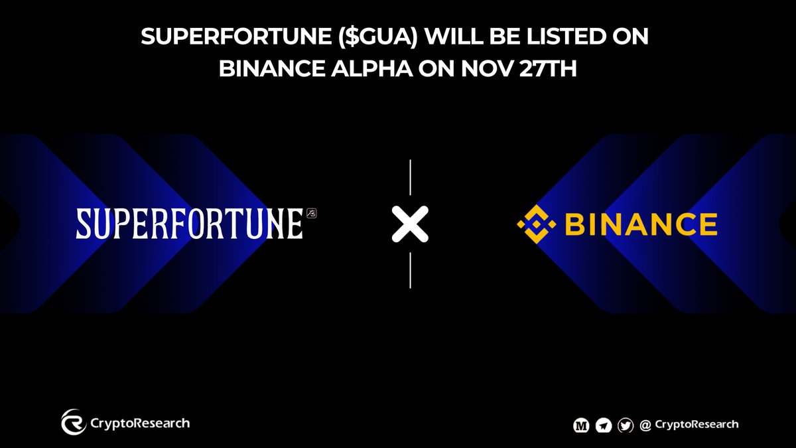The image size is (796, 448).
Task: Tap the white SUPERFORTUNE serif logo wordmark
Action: click(x=189, y=224)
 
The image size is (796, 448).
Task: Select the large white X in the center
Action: click(x=410, y=224)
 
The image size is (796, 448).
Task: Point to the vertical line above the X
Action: click(x=410, y=178)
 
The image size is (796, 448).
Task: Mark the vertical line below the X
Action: click(x=410, y=270)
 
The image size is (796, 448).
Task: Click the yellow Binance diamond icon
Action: click(x=537, y=225)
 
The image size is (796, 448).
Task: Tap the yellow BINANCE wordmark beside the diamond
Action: click(x=641, y=225)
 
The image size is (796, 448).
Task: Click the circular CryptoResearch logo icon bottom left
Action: click(x=74, y=423)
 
